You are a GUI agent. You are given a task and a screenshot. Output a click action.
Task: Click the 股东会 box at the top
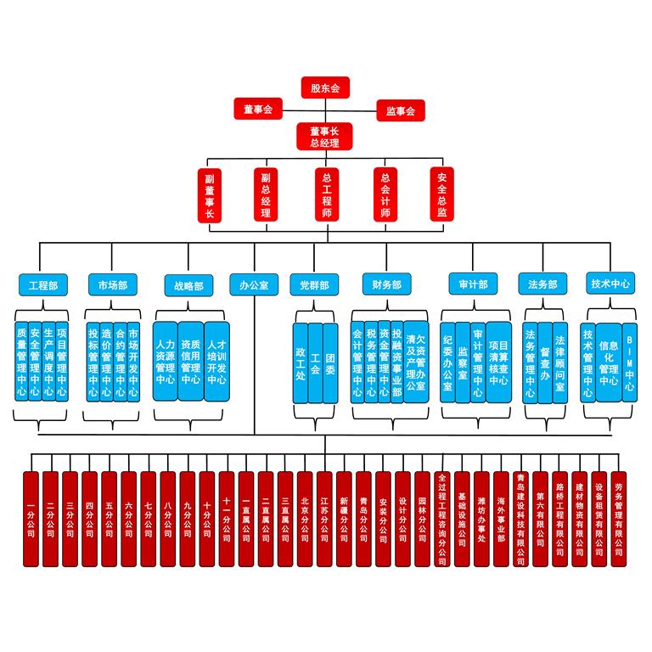325,87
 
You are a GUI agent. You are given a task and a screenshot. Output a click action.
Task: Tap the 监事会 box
400,110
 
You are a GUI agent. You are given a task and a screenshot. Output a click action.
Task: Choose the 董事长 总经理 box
325,137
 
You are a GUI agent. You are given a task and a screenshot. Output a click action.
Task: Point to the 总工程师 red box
325,194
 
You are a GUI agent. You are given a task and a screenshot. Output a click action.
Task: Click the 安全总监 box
441,194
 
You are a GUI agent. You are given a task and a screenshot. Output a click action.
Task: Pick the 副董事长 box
209,194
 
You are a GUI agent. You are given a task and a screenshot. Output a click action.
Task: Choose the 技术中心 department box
610,284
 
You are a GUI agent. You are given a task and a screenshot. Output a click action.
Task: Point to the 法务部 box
542,284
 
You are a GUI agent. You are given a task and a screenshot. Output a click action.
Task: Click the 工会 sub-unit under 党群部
315,363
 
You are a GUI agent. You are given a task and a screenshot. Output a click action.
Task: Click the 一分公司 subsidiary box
31,519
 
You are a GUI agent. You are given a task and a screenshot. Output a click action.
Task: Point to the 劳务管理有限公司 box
618,519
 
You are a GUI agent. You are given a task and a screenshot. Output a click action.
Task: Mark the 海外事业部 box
501,519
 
